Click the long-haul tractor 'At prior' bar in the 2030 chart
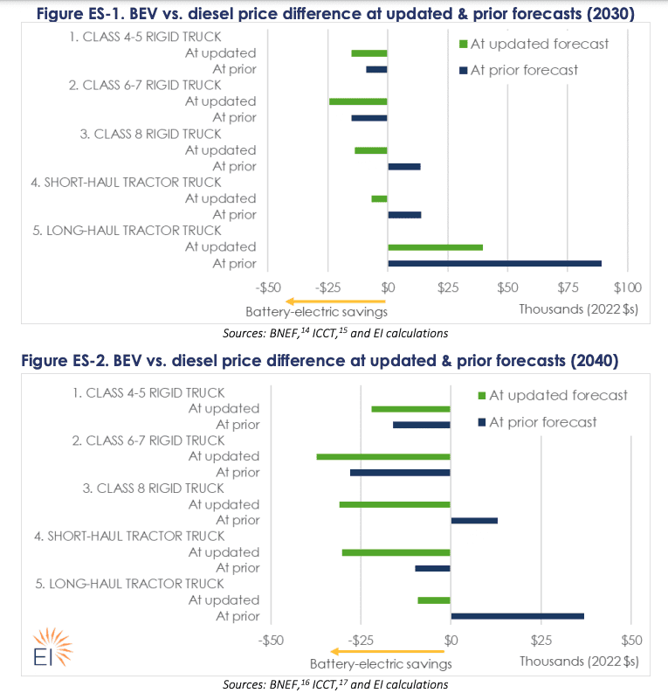pyautogui.click(x=494, y=263)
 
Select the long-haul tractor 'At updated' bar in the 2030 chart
pyautogui.click(x=435, y=247)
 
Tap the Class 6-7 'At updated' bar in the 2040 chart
pyautogui.click(x=383, y=456)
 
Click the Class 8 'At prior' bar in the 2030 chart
pyautogui.click(x=404, y=167)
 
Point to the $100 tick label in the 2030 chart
pyautogui.click(x=628, y=286)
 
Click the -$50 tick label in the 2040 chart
pyautogui.click(x=272, y=640)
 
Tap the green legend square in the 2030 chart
pyautogui.click(x=463, y=44)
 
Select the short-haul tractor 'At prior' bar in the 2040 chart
pyautogui.click(x=432, y=568)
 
